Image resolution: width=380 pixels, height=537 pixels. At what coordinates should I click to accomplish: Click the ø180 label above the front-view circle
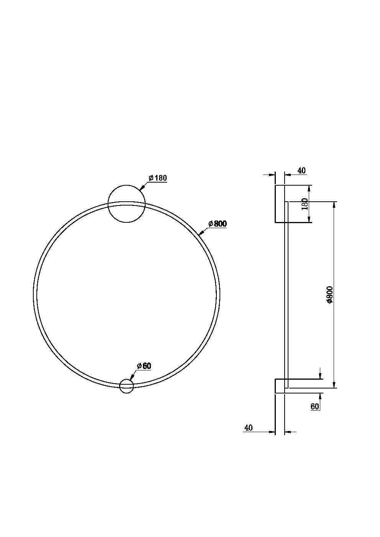click(x=157, y=178)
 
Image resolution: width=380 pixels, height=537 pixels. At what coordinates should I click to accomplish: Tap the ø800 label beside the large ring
click(x=218, y=224)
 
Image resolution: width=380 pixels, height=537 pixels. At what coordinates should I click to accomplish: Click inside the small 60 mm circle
click(x=126, y=386)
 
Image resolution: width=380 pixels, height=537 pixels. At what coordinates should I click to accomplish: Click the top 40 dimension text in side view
click(x=301, y=170)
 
